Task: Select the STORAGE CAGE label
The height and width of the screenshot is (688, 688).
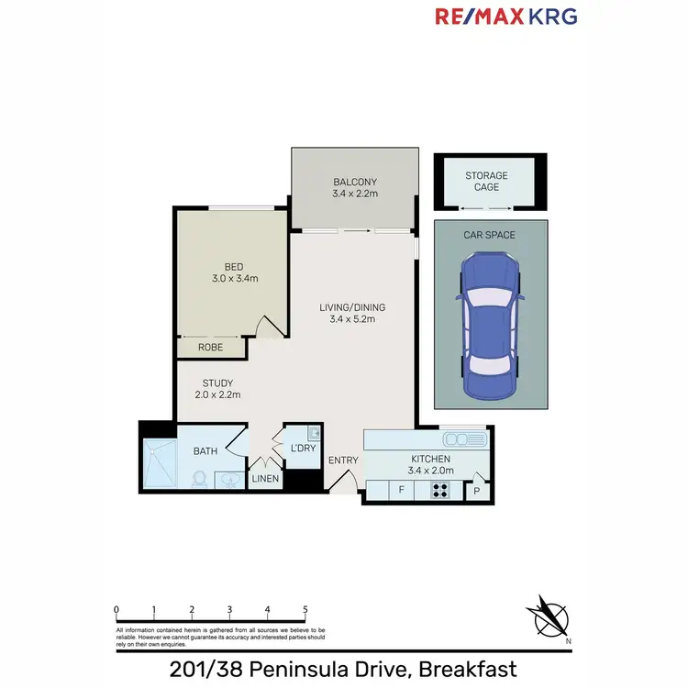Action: [x=486, y=181]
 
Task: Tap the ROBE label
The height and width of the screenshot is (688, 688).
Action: [x=212, y=348]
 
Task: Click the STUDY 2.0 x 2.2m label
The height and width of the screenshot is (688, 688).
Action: [x=218, y=389]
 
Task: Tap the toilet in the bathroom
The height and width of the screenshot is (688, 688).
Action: [x=199, y=479]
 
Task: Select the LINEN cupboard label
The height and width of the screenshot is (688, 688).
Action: [x=265, y=478]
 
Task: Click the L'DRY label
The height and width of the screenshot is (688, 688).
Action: [x=303, y=448]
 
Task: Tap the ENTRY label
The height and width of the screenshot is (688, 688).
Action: [x=344, y=459]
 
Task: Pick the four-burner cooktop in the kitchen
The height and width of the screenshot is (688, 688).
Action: [x=440, y=490]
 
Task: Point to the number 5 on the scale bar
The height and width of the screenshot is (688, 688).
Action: [x=305, y=609]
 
